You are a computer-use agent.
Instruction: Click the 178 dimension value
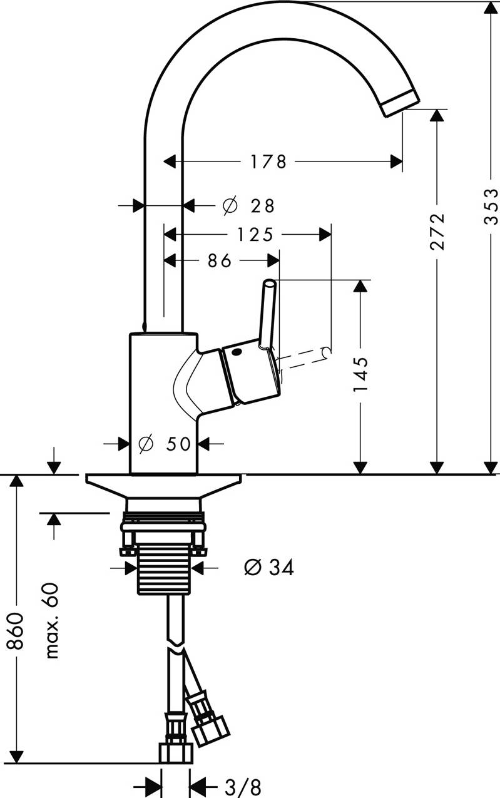click(268, 161)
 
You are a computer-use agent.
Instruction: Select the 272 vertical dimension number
click(437, 231)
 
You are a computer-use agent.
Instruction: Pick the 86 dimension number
click(220, 260)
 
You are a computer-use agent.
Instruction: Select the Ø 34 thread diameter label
click(269, 568)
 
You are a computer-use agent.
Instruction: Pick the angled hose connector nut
click(210, 730)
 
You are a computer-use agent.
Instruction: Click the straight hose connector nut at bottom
click(176, 752)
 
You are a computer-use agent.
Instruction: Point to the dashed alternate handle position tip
click(325, 354)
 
